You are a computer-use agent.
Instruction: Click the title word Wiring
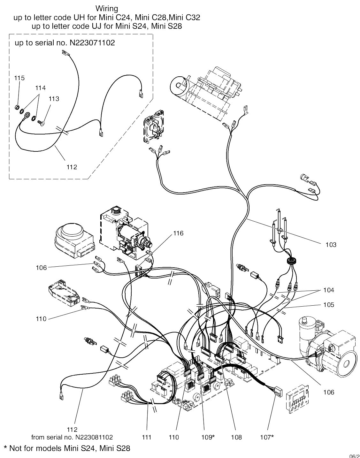pyautogui.click(x=107, y=8)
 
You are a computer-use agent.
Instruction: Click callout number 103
pyautogui.click(x=331, y=245)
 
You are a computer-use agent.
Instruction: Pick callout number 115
pyautogui.click(x=19, y=78)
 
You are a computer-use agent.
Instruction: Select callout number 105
pyautogui.click(x=328, y=305)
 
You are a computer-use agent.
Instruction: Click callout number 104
pyautogui.click(x=328, y=290)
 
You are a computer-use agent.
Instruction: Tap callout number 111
pyautogui.click(x=147, y=437)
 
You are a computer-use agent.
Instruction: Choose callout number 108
pyautogui.click(x=236, y=437)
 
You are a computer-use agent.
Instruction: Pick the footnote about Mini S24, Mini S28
pyautogui.click(x=67, y=448)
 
